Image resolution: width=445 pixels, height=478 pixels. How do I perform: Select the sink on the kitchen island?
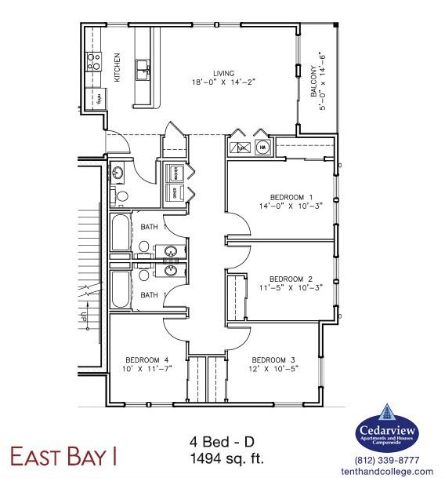[143, 70]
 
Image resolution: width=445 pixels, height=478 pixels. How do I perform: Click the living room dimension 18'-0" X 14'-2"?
[204, 80]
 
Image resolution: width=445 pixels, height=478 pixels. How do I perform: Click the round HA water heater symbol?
[262, 147]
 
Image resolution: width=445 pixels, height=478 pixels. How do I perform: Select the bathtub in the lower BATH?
[121, 289]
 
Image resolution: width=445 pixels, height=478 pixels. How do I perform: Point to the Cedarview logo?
[387, 429]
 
